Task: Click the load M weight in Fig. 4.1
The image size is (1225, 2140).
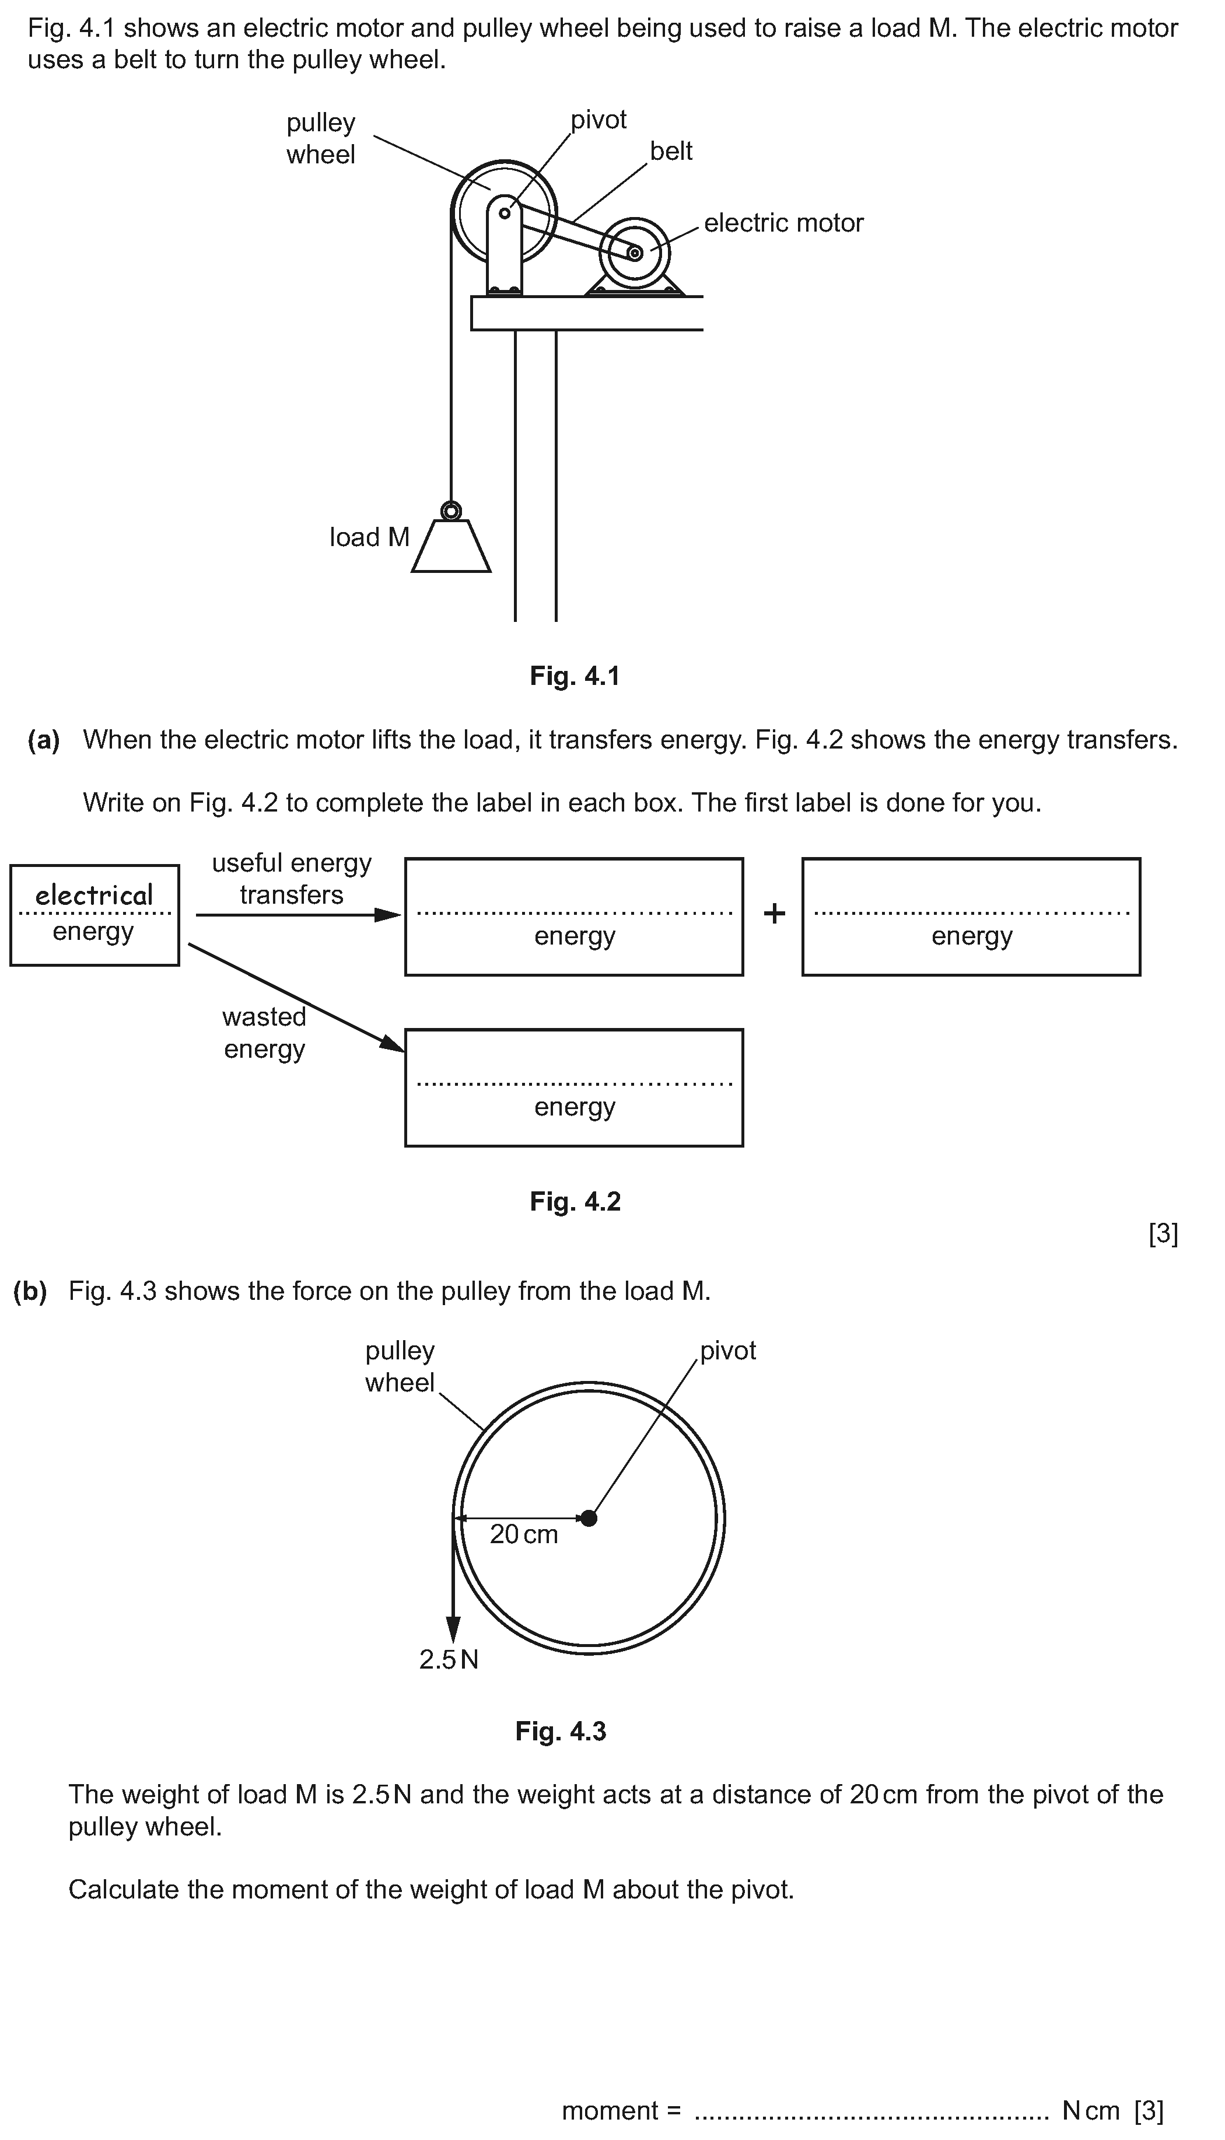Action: [451, 546]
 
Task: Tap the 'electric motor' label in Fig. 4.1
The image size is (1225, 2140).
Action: [783, 223]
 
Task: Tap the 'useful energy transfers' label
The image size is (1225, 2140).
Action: [291, 878]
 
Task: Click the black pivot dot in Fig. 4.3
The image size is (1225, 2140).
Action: [589, 1518]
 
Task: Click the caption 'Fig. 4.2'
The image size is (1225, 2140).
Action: [576, 1201]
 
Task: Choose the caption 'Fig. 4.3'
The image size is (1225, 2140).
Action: [561, 1731]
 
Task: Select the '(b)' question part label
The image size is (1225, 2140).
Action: [30, 1291]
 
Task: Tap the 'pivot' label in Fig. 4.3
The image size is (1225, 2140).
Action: [728, 1351]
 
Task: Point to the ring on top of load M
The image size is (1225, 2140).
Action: [451, 510]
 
